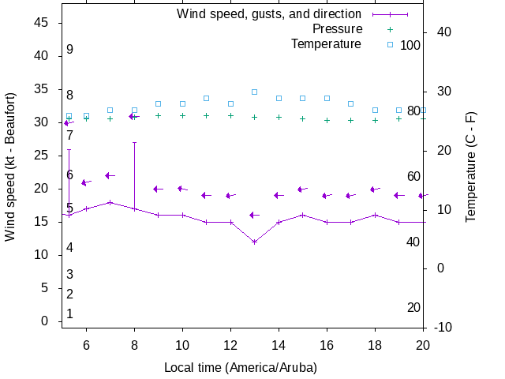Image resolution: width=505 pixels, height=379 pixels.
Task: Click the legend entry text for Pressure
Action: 337,29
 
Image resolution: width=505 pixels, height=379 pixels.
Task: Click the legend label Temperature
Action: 326,44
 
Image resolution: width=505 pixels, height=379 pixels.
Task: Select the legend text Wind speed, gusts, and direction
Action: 269,14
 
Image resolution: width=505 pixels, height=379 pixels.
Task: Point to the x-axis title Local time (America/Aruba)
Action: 240,368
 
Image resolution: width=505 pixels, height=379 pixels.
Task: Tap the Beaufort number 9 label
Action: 70,50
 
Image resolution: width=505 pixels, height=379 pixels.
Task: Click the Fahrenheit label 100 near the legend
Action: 410,45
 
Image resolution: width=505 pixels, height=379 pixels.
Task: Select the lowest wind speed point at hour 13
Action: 254,242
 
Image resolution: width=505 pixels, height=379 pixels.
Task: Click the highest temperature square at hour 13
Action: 254,92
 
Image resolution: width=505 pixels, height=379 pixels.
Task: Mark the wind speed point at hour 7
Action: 110,202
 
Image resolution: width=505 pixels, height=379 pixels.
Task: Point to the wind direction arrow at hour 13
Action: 254,215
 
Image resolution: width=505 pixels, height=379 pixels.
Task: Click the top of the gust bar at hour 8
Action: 134,143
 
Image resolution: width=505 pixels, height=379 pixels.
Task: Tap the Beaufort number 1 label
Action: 70,313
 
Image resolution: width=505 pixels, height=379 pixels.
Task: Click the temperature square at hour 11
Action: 206,98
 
